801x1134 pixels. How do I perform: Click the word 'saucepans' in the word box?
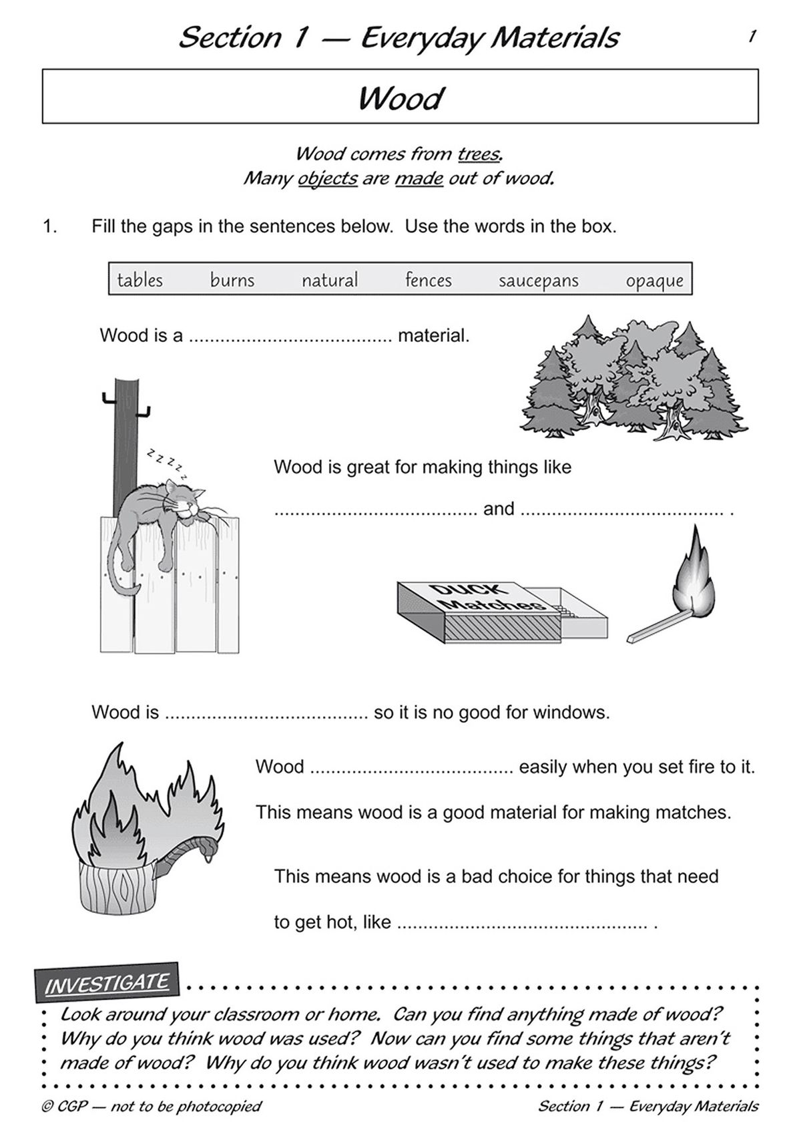click(538, 280)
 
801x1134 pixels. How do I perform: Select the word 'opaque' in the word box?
click(654, 281)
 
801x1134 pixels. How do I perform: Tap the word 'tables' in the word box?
click(140, 280)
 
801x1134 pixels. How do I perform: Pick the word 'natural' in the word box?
click(330, 280)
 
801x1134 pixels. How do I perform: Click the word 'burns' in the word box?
click(232, 280)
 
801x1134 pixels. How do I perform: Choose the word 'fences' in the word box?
click(428, 280)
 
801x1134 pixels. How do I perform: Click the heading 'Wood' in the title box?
click(400, 99)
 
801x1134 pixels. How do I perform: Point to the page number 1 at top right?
click(752, 36)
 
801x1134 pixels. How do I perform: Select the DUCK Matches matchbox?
click(501, 610)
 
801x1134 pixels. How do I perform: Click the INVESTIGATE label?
click(107, 982)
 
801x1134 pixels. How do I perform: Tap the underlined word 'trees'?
click(479, 154)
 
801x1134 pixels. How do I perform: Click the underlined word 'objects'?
click(327, 179)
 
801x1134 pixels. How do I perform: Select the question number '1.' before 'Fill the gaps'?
click(50, 226)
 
